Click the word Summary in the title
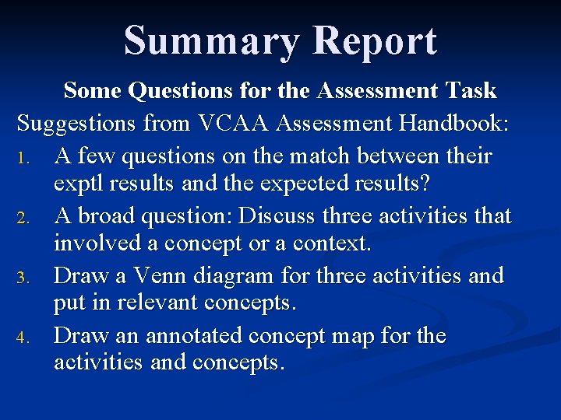coord(210,40)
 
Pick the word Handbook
coord(450,123)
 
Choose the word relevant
coord(155,303)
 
